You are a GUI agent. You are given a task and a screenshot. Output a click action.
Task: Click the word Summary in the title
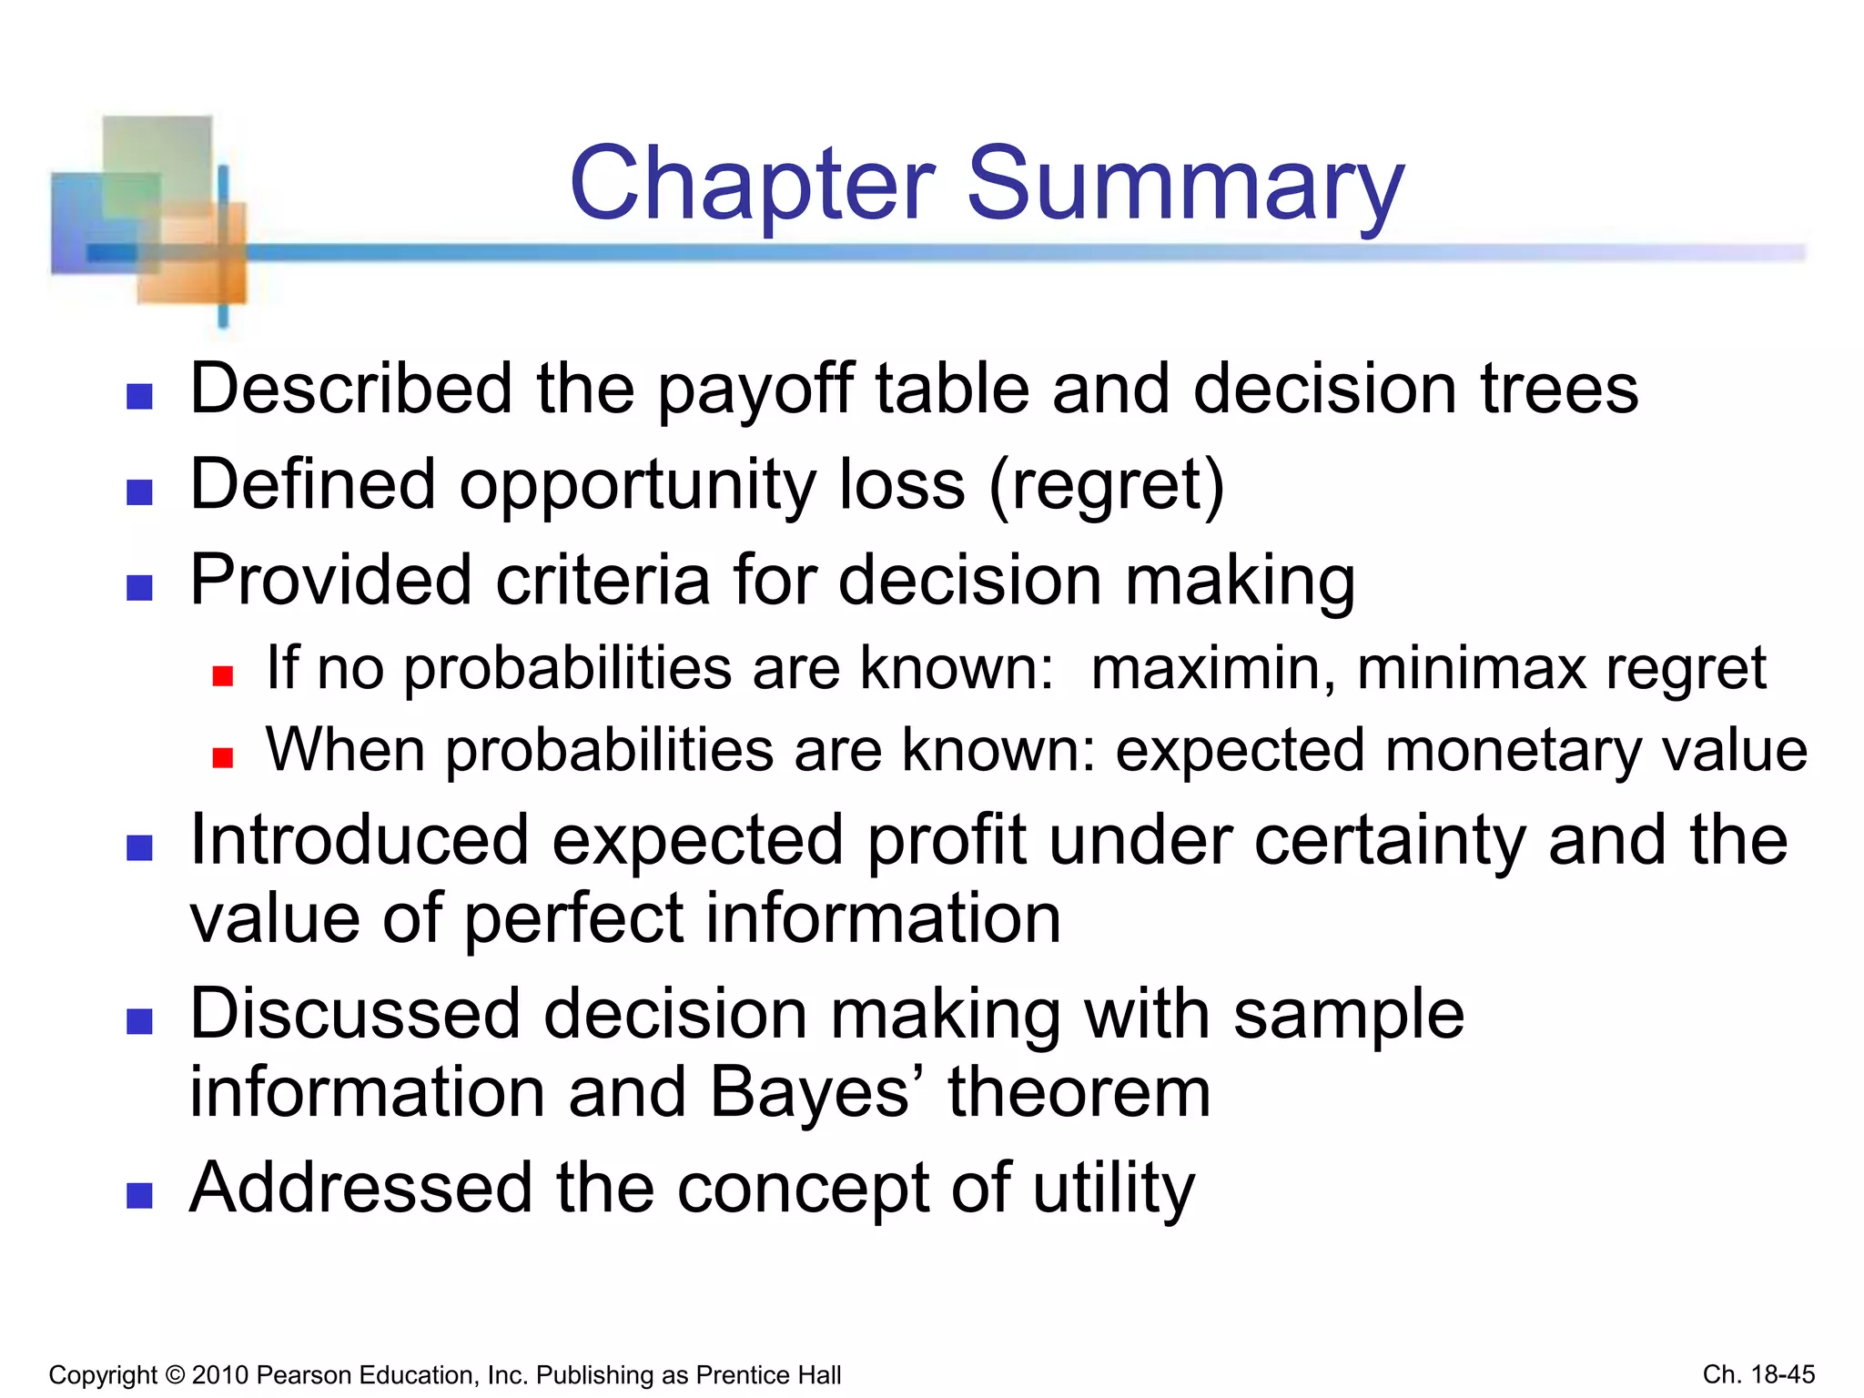[1185, 187]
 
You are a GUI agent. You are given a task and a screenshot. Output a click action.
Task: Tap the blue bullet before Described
[139, 396]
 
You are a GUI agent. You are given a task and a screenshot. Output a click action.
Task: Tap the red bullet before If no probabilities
[223, 675]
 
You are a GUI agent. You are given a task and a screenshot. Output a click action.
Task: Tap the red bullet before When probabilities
[223, 757]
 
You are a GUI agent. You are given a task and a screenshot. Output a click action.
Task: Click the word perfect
[573, 919]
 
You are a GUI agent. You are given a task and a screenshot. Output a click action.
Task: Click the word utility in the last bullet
[1113, 1190]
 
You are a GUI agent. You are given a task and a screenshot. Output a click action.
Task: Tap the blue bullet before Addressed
[139, 1195]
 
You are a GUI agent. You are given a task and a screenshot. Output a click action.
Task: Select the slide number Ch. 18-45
[1758, 1374]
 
